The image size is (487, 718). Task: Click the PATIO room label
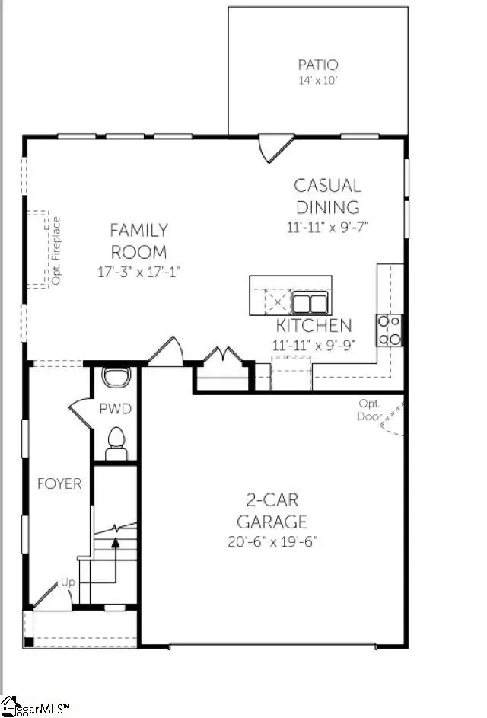[318, 65]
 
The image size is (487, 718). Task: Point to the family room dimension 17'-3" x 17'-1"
[138, 271]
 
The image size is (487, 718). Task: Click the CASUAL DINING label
[327, 196]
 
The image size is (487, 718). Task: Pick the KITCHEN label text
[314, 326]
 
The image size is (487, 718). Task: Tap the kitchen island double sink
[310, 303]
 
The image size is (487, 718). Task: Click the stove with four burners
[390, 330]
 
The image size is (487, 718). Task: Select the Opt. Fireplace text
[55, 251]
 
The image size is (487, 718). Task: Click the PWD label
[116, 409]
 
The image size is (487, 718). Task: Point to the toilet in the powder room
[116, 442]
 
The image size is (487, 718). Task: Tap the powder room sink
[116, 376]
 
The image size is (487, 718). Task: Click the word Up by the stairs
[68, 582]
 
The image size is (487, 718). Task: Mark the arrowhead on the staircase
[116, 542]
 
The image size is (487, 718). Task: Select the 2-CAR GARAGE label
[272, 511]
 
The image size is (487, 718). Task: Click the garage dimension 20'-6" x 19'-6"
[272, 541]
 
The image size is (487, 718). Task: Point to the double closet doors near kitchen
[221, 356]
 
